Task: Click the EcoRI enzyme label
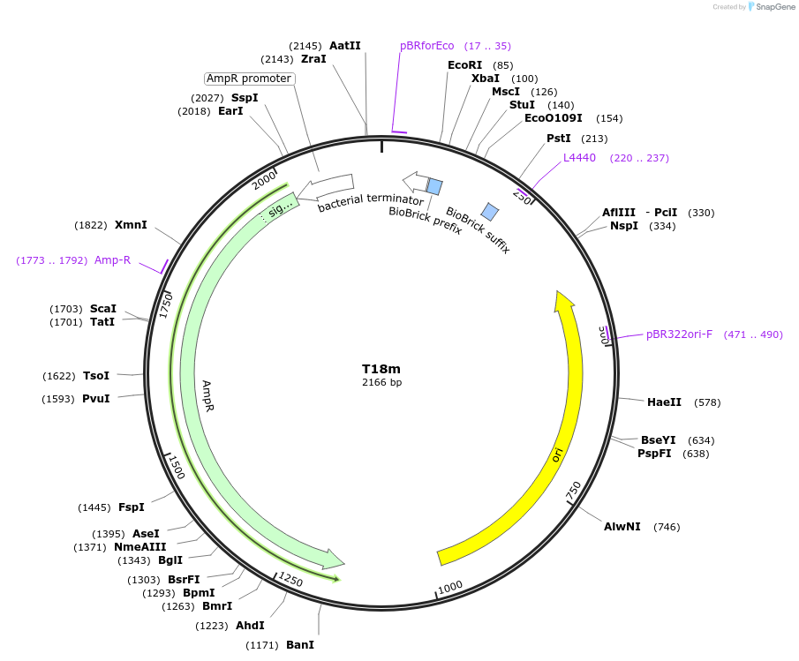[x=464, y=65]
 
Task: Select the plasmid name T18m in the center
[x=381, y=369]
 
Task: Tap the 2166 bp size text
[x=381, y=382]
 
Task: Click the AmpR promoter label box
[x=249, y=79]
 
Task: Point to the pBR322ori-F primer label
[x=679, y=334]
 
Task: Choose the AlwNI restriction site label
[x=622, y=527]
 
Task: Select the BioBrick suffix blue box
[x=490, y=212]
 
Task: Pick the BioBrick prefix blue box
[x=434, y=185]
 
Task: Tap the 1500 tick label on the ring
[x=176, y=467]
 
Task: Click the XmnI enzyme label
[x=131, y=225]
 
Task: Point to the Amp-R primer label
[x=112, y=260]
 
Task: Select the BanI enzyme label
[x=300, y=645]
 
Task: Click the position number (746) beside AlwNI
[x=667, y=527]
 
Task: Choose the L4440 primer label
[x=579, y=158]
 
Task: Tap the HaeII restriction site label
[x=664, y=402]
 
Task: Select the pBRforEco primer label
[x=426, y=46]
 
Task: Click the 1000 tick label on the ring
[x=450, y=587]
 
